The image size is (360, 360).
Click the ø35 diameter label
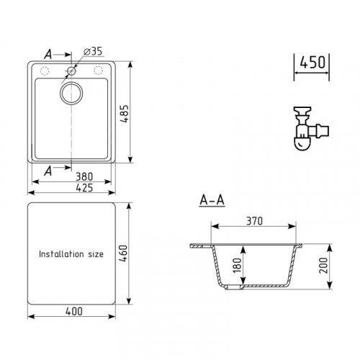click(x=93, y=51)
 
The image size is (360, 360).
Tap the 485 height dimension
click(x=125, y=114)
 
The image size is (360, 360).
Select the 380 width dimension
click(x=84, y=177)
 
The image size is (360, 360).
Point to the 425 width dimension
click(x=84, y=188)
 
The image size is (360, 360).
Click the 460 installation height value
click(x=123, y=253)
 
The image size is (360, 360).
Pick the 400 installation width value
click(x=74, y=311)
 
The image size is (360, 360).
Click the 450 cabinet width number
click(x=312, y=62)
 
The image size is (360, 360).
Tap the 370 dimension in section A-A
click(x=254, y=221)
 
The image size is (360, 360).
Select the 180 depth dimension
click(x=237, y=266)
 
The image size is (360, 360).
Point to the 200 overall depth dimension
click(x=323, y=266)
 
